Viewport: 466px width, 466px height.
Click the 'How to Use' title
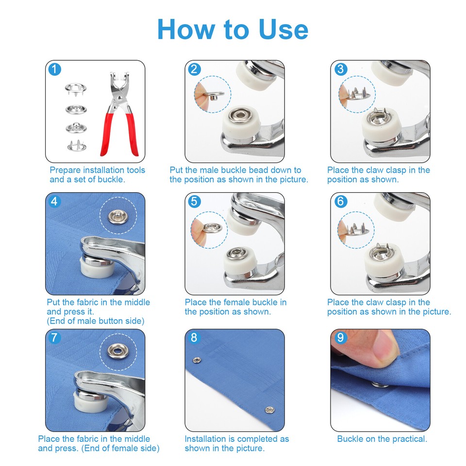tap(233, 30)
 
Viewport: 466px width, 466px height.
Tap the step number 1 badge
tap(55, 69)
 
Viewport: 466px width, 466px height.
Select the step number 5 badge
tap(194, 201)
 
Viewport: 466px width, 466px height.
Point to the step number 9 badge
tap(340, 337)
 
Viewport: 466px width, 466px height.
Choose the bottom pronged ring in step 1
tap(73, 145)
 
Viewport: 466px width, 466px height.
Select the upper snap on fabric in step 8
tap(197, 360)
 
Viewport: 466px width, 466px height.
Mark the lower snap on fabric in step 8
tap(267, 410)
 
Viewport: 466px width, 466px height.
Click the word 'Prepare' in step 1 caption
tap(65, 170)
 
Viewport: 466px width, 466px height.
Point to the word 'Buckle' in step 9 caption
tap(350, 439)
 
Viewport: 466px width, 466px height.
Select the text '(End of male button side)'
tap(95, 321)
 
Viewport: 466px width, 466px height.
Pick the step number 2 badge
tap(194, 69)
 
